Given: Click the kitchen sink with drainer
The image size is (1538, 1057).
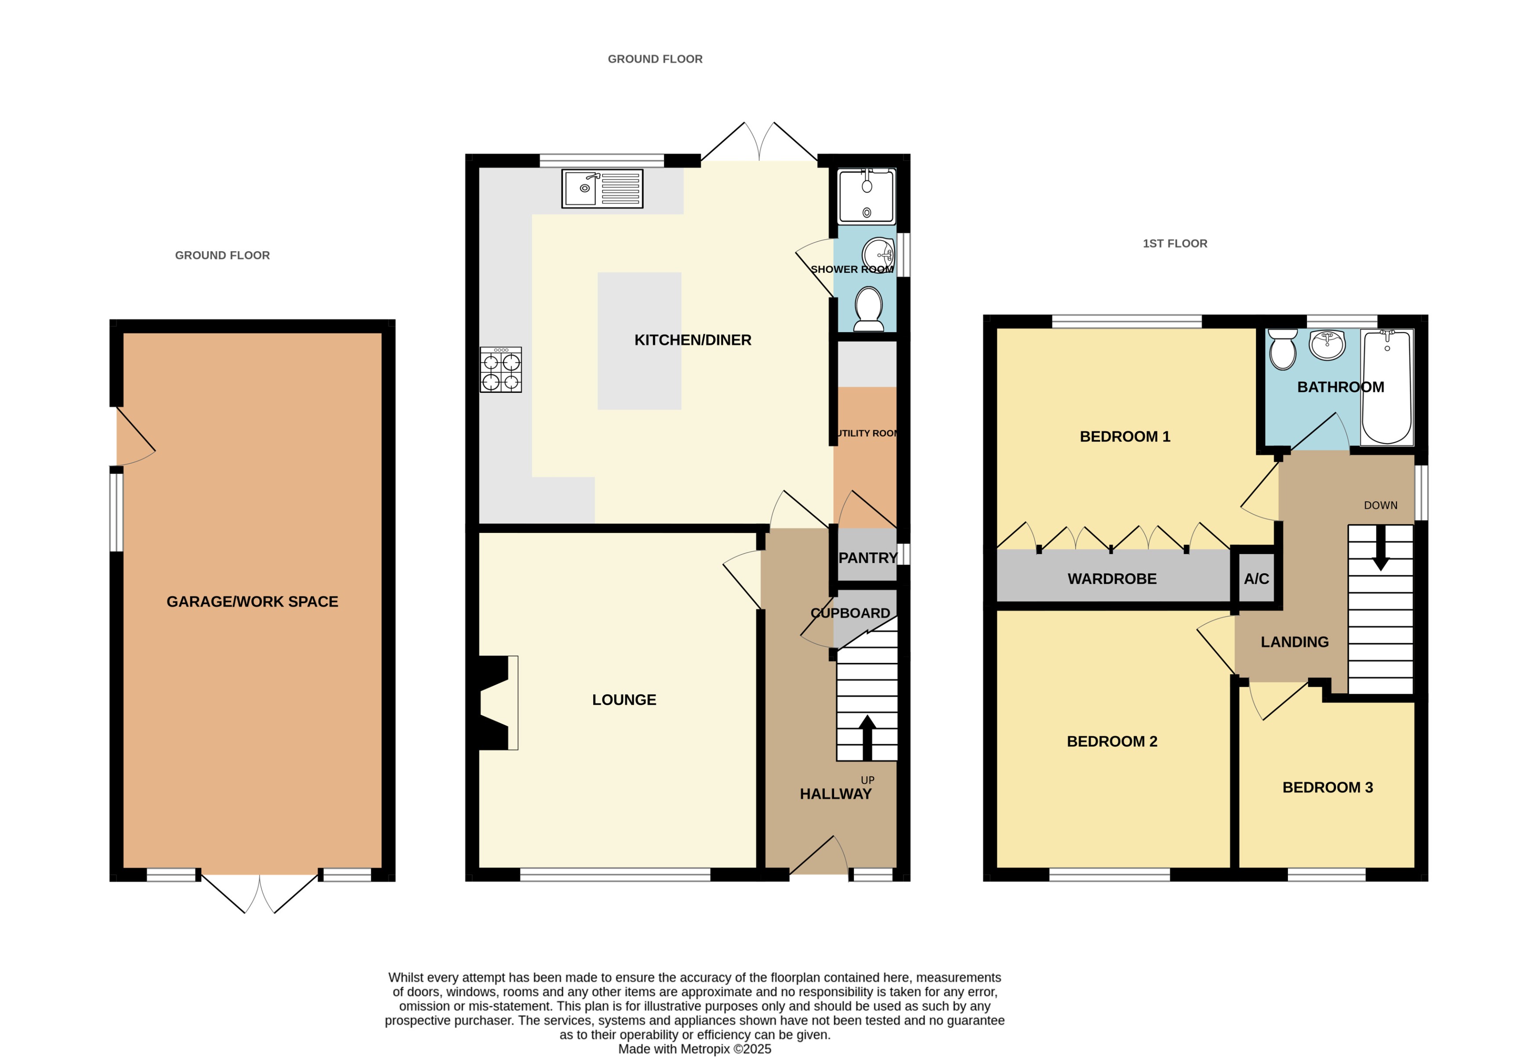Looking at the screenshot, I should (602, 189).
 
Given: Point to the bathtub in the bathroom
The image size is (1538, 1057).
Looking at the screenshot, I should (1386, 387).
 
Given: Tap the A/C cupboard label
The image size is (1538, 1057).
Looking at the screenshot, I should (1256, 579).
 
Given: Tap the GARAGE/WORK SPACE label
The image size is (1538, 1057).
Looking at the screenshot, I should (252, 601).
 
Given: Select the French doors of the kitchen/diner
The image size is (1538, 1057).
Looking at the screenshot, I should (758, 142).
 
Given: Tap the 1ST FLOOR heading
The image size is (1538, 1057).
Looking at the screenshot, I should (1174, 244).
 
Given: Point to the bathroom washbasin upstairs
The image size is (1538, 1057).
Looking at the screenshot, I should (1327, 344).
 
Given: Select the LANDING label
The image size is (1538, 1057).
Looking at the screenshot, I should (1294, 642).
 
